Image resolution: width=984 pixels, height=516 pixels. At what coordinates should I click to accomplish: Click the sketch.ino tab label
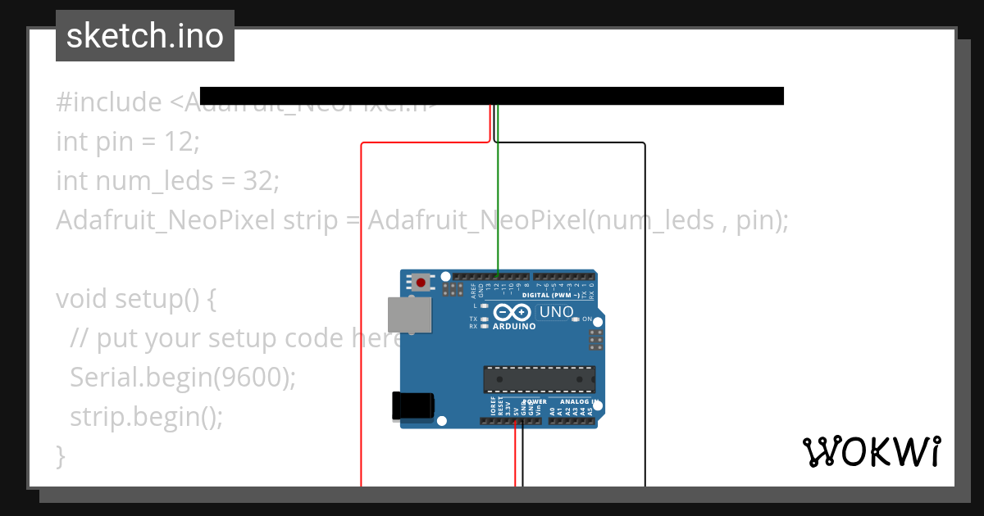coord(145,36)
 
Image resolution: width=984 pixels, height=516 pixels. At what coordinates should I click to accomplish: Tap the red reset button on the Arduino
coord(421,283)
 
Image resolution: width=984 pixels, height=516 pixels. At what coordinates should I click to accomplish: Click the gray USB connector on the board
coord(409,315)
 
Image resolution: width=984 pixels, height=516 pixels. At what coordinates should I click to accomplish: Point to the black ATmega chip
coord(539,379)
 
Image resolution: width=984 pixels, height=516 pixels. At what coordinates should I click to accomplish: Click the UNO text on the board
coord(557,312)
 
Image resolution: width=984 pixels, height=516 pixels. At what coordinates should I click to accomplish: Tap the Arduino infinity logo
coord(513,313)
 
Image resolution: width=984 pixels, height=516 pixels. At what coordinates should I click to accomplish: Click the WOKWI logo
coord(871,452)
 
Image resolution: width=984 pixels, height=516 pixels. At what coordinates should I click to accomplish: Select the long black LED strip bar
coord(492,96)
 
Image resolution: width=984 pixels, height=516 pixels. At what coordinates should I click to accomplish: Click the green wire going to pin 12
coord(498,205)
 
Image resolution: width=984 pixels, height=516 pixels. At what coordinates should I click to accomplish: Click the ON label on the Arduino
coord(587,319)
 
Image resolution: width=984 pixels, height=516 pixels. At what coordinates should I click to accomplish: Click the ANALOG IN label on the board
coord(579,402)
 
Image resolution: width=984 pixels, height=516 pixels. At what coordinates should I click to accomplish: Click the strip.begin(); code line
coord(146,416)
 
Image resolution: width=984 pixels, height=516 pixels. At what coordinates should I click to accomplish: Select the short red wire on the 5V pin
coord(516,455)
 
